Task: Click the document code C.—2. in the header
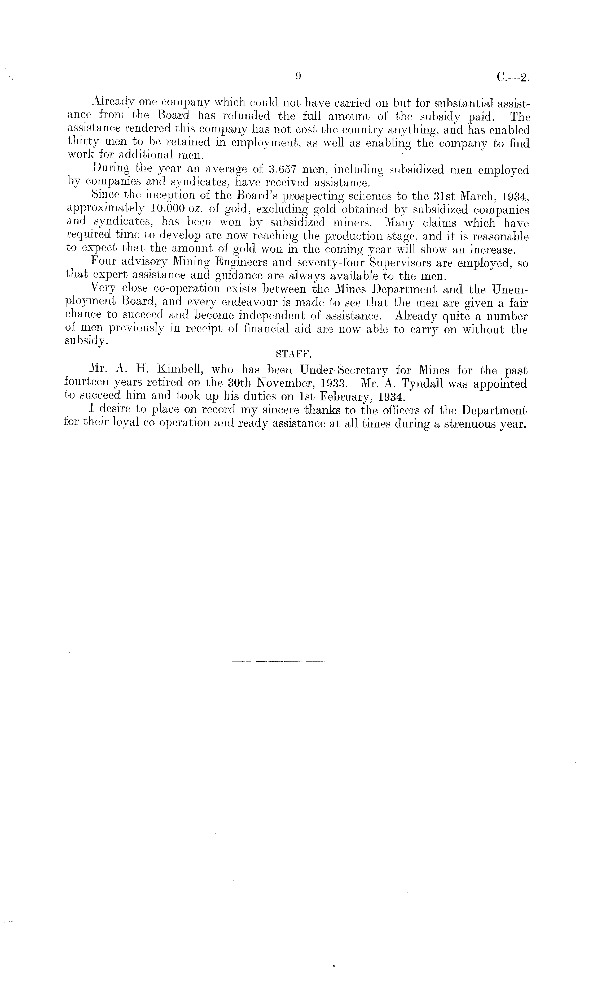click(x=513, y=78)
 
